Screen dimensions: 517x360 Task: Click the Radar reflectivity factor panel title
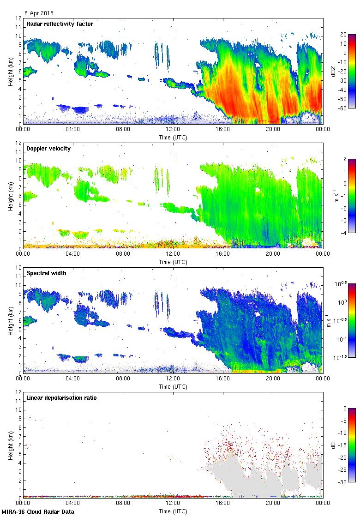60,24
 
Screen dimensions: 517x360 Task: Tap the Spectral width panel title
46,273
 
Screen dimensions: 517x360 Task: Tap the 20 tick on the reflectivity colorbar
343,35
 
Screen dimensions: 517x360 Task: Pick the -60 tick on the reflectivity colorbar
342,108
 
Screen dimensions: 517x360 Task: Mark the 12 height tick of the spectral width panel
18,268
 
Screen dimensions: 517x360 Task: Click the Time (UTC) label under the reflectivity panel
173,137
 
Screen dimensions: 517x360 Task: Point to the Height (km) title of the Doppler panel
10,196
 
